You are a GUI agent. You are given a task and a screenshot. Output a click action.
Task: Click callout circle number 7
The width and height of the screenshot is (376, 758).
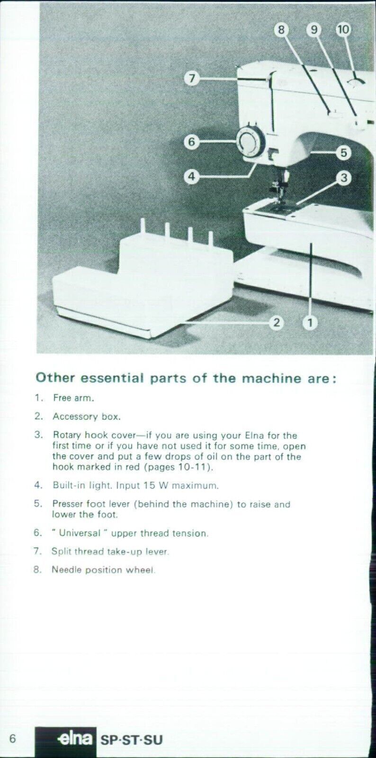[191, 78]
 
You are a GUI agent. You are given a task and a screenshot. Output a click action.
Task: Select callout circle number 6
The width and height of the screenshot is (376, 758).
[191, 142]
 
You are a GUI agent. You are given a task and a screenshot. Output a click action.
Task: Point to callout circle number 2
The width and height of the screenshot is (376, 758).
[276, 323]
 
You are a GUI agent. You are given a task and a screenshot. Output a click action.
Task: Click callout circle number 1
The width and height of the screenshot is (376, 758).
[310, 323]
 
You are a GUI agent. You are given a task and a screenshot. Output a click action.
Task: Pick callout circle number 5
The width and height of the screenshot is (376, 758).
[343, 153]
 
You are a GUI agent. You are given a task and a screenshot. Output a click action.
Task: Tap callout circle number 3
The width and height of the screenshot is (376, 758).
[343, 178]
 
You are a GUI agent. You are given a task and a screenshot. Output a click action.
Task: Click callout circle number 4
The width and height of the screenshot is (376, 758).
[191, 177]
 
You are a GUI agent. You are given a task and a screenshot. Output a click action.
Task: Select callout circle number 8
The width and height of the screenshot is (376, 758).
[281, 30]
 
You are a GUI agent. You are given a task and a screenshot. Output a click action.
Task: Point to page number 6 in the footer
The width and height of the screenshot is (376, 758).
[13, 739]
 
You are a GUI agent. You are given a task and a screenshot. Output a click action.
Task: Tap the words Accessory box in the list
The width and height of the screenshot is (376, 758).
[86, 417]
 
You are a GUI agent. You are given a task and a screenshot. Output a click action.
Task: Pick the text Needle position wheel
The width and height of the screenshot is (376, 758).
[103, 570]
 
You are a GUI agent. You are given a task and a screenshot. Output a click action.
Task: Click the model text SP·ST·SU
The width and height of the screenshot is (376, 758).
[131, 740]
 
